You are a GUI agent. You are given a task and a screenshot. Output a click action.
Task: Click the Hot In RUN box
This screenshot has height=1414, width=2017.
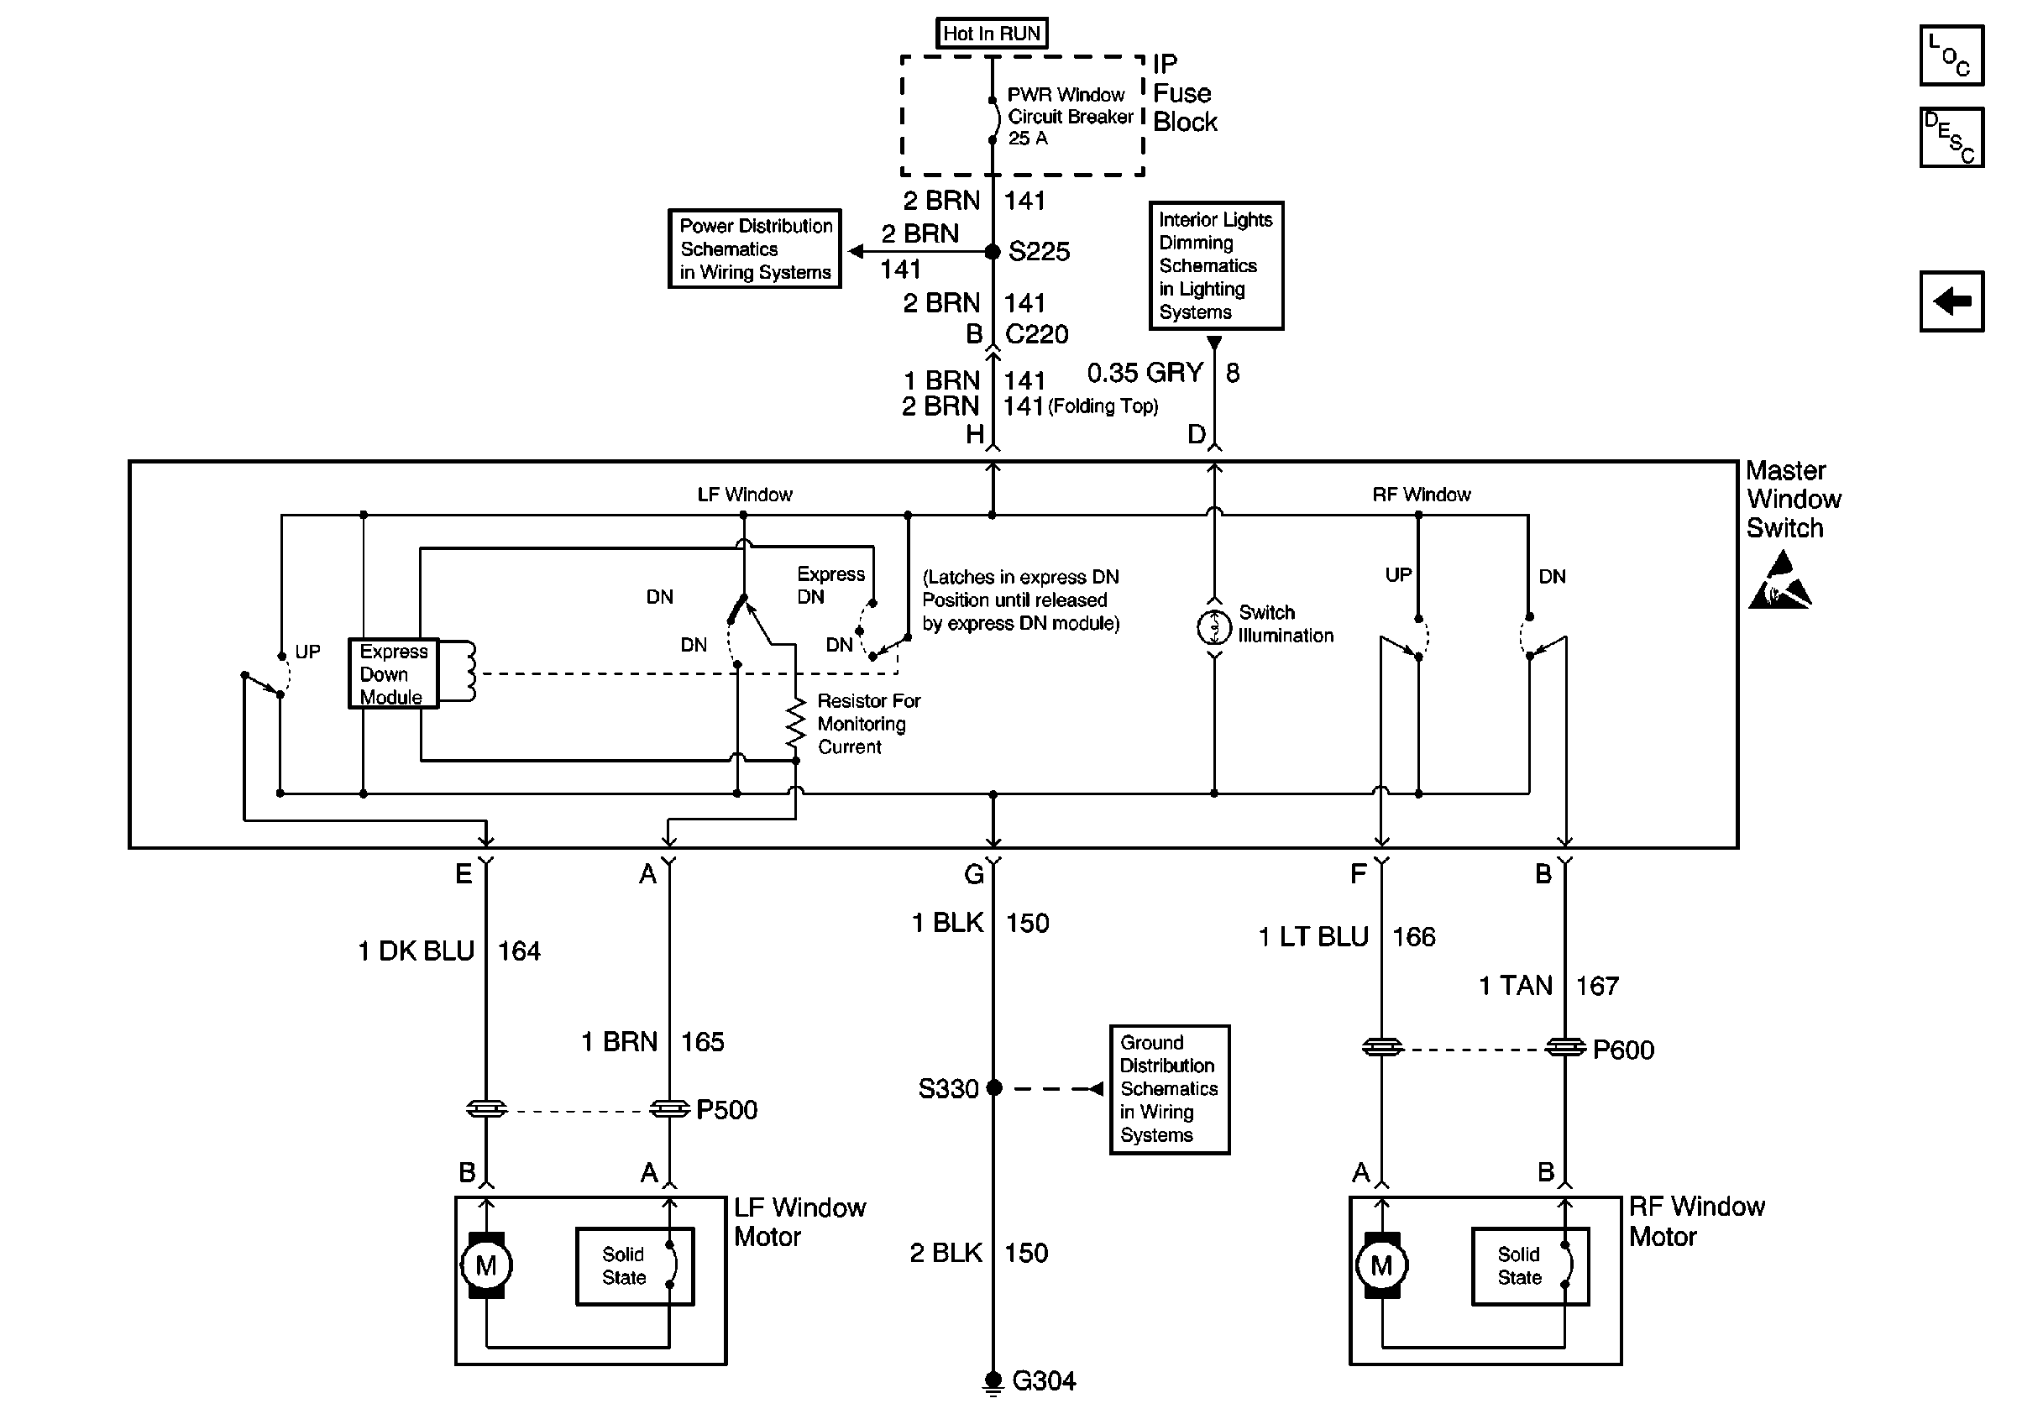[x=991, y=34]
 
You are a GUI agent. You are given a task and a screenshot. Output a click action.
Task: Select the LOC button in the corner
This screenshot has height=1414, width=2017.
[x=1952, y=55]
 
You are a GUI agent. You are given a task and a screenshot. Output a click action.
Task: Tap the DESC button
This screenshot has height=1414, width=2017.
[x=1952, y=137]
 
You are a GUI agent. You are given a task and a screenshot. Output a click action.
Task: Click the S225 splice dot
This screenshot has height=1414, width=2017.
[x=993, y=252]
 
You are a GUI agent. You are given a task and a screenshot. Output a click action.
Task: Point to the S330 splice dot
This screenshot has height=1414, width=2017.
[x=994, y=1088]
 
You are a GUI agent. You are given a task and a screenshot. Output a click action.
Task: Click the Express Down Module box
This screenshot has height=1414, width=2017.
[x=393, y=673]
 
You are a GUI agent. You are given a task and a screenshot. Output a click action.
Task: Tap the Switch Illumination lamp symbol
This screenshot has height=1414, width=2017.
[x=1214, y=627]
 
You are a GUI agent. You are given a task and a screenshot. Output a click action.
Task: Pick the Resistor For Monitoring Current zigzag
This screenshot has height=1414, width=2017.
[x=795, y=724]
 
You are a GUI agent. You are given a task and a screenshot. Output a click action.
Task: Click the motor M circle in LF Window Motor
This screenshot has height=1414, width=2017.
[x=486, y=1265]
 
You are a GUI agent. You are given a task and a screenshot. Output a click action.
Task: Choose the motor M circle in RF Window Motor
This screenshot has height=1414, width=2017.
[x=1382, y=1265]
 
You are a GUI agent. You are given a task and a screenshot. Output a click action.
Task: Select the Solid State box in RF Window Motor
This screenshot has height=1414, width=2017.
[x=1529, y=1266]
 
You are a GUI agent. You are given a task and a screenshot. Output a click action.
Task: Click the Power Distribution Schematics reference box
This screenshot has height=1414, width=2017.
[x=755, y=249]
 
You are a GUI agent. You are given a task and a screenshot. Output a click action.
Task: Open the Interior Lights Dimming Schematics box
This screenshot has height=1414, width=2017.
[x=1216, y=265]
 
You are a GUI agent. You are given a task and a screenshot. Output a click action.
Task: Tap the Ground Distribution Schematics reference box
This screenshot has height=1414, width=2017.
[x=1169, y=1089]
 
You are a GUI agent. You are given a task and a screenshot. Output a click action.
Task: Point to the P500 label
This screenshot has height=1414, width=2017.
[x=726, y=1110]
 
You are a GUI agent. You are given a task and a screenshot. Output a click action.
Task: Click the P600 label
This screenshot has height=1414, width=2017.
[x=1623, y=1050]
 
